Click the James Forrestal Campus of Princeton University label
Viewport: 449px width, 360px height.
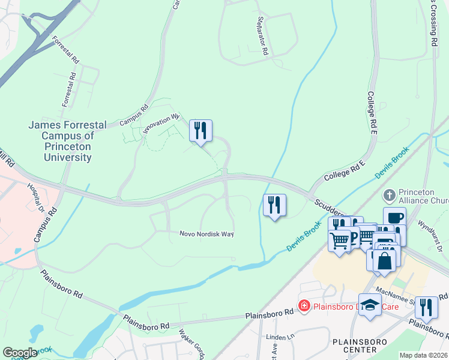point(67,141)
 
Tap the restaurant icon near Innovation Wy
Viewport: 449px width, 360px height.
point(200,131)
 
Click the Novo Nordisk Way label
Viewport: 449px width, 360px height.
point(206,234)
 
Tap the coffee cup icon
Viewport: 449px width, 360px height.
point(394,218)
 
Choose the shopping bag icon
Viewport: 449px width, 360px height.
point(385,260)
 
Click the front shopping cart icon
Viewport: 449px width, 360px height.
point(340,241)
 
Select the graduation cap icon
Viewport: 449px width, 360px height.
point(370,305)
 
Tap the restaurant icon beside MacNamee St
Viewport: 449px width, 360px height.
point(426,307)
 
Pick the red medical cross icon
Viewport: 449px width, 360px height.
point(304,307)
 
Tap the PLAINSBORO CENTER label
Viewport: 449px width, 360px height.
point(355,346)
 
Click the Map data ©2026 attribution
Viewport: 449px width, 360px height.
point(424,355)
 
